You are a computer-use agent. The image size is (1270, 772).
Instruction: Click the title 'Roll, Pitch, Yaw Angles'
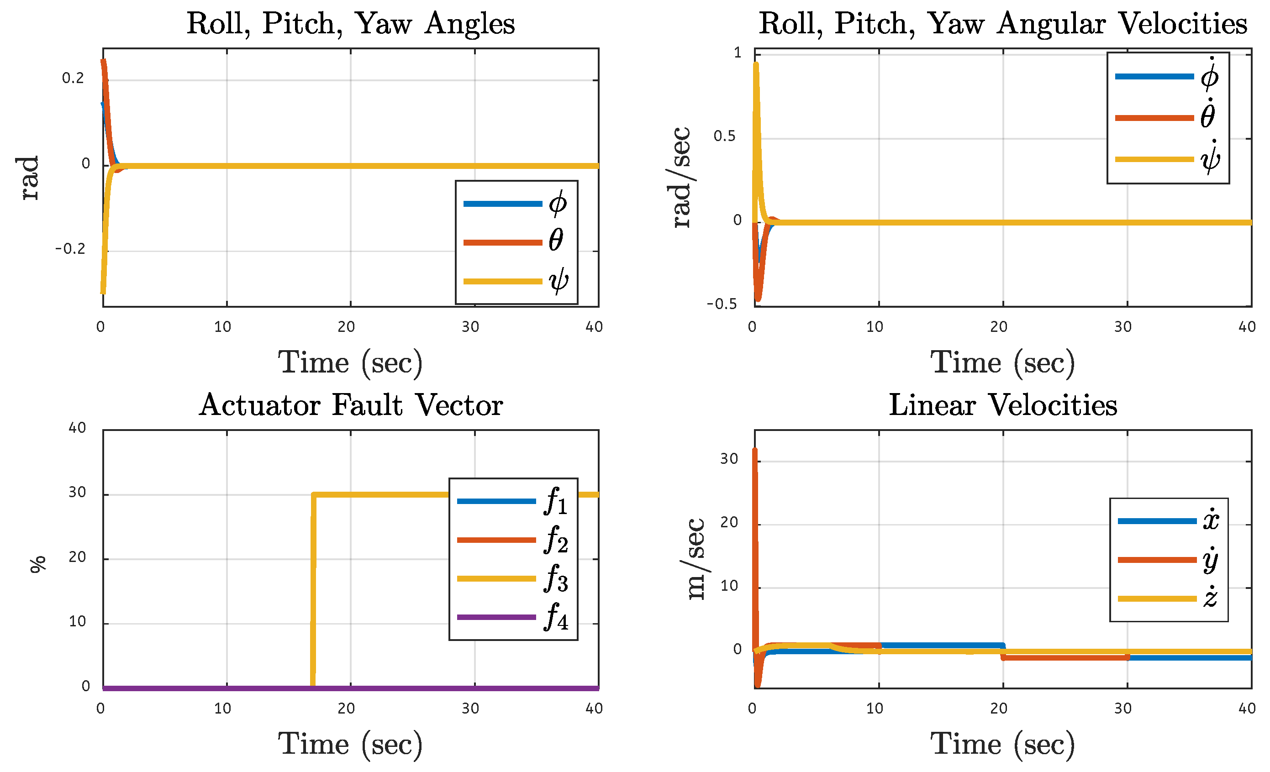[x=350, y=24]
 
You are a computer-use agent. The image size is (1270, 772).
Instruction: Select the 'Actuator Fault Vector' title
[x=350, y=405]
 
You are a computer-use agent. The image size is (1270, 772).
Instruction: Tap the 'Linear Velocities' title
[x=1003, y=405]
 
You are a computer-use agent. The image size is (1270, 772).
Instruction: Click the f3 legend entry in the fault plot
[x=513, y=578]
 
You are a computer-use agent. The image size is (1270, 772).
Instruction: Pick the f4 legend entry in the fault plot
[x=513, y=617]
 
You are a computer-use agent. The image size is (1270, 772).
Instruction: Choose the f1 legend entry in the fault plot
[x=513, y=501]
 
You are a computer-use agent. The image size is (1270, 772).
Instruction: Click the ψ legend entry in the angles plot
[x=516, y=281]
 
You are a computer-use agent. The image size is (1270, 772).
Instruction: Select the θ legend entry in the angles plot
[x=516, y=242]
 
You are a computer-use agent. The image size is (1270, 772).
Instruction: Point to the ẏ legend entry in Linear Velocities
[x=1168, y=560]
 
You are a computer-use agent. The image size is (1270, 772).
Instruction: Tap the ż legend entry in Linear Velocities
[x=1168, y=599]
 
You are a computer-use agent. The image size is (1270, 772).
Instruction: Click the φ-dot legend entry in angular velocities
[x=1167, y=76]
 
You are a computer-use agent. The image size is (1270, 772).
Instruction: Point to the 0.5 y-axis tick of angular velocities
[x=725, y=137]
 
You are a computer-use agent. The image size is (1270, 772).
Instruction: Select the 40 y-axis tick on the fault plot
[x=77, y=428]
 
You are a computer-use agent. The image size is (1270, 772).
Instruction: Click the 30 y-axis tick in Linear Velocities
[x=729, y=459]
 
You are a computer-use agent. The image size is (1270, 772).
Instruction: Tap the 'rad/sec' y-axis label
[x=681, y=177]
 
